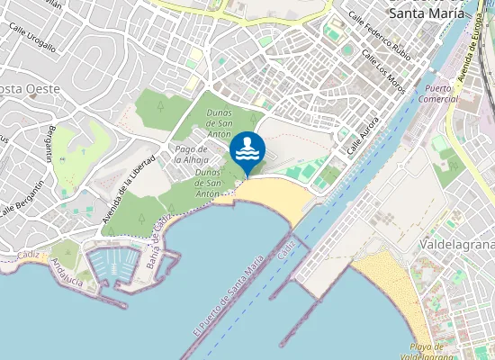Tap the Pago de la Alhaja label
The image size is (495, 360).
point(192,154)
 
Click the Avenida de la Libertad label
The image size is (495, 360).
point(130,189)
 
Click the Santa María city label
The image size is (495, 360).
point(427,13)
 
